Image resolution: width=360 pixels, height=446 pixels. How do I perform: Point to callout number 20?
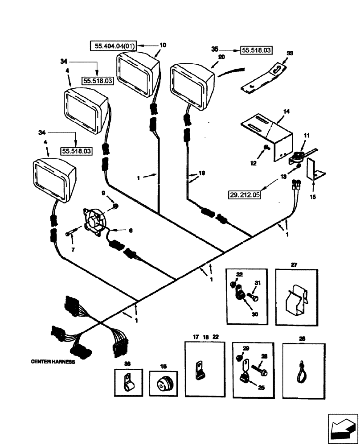pyautogui.click(x=221, y=57)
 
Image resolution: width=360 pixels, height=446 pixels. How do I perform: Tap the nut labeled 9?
pyautogui.click(x=115, y=206)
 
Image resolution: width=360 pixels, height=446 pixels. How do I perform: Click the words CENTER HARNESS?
pyautogui.click(x=53, y=362)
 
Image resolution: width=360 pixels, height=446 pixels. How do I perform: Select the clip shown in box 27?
pyautogui.click(x=296, y=300)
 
